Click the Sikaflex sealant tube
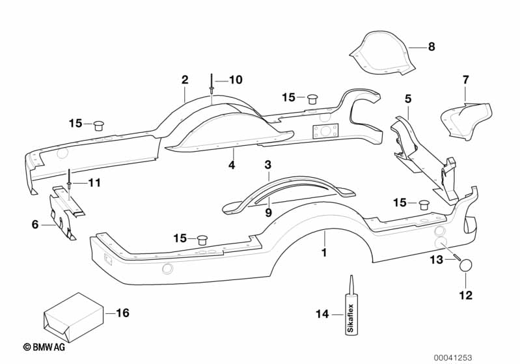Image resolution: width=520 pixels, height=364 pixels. (351, 309)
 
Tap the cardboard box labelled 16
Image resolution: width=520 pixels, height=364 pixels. (73, 318)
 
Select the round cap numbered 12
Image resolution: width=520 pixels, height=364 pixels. (465, 266)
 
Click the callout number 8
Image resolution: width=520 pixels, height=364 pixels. (431, 46)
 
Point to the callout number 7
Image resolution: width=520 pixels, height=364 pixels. (465, 80)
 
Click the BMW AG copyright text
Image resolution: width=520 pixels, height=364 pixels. (44, 347)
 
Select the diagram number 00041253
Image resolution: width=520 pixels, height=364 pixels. (453, 357)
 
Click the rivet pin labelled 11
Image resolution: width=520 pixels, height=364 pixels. (69, 181)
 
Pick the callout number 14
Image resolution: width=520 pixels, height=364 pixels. (322, 314)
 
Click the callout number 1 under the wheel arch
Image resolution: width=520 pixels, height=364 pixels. (324, 253)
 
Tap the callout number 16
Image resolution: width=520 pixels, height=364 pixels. (122, 313)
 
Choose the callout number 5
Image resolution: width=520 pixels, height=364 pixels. (408, 99)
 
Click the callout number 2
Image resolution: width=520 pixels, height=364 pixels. (185, 79)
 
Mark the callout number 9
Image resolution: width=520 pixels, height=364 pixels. (268, 212)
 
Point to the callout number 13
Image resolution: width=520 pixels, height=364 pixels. (437, 259)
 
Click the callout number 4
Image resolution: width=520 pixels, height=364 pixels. (232, 165)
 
